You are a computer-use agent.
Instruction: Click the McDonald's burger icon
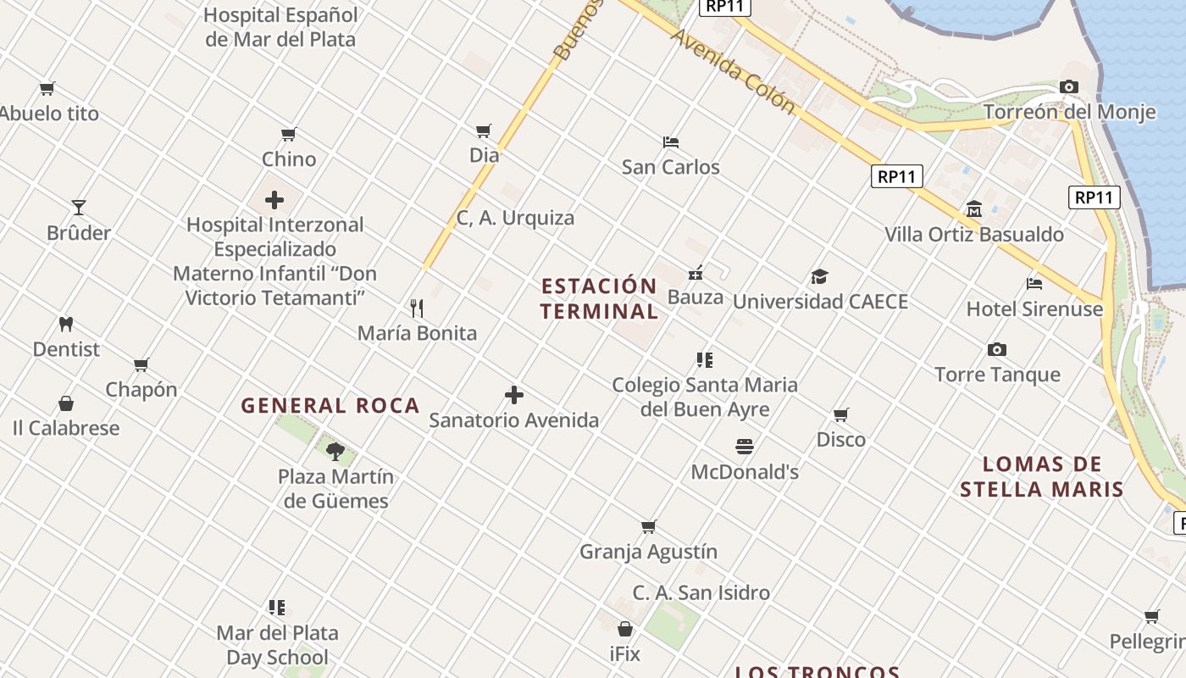tap(745, 447)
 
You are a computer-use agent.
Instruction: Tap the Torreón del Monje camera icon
tap(1069, 87)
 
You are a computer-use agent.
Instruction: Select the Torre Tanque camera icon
tap(997, 350)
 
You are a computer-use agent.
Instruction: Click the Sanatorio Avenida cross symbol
tap(514, 395)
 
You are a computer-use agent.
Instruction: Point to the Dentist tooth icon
tap(66, 324)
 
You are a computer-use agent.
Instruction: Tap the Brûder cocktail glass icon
tap(79, 208)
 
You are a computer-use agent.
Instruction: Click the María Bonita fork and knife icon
tap(417, 308)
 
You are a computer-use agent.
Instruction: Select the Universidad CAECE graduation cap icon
tap(819, 276)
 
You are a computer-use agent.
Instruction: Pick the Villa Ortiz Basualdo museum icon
tap(974, 209)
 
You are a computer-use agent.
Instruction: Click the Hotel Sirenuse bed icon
tap(1034, 284)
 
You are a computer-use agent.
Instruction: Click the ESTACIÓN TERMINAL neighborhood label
tap(599, 298)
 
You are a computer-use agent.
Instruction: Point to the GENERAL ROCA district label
tap(330, 406)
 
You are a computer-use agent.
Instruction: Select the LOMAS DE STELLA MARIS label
tap(1042, 476)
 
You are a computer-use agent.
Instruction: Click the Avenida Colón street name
tap(734, 72)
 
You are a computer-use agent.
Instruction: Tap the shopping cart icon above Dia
tap(484, 131)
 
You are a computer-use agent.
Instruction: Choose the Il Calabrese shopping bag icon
tap(66, 403)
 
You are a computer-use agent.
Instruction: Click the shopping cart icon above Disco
tap(841, 414)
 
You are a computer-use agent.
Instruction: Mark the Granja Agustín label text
tap(648, 552)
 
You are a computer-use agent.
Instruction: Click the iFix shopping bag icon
tap(625, 629)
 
